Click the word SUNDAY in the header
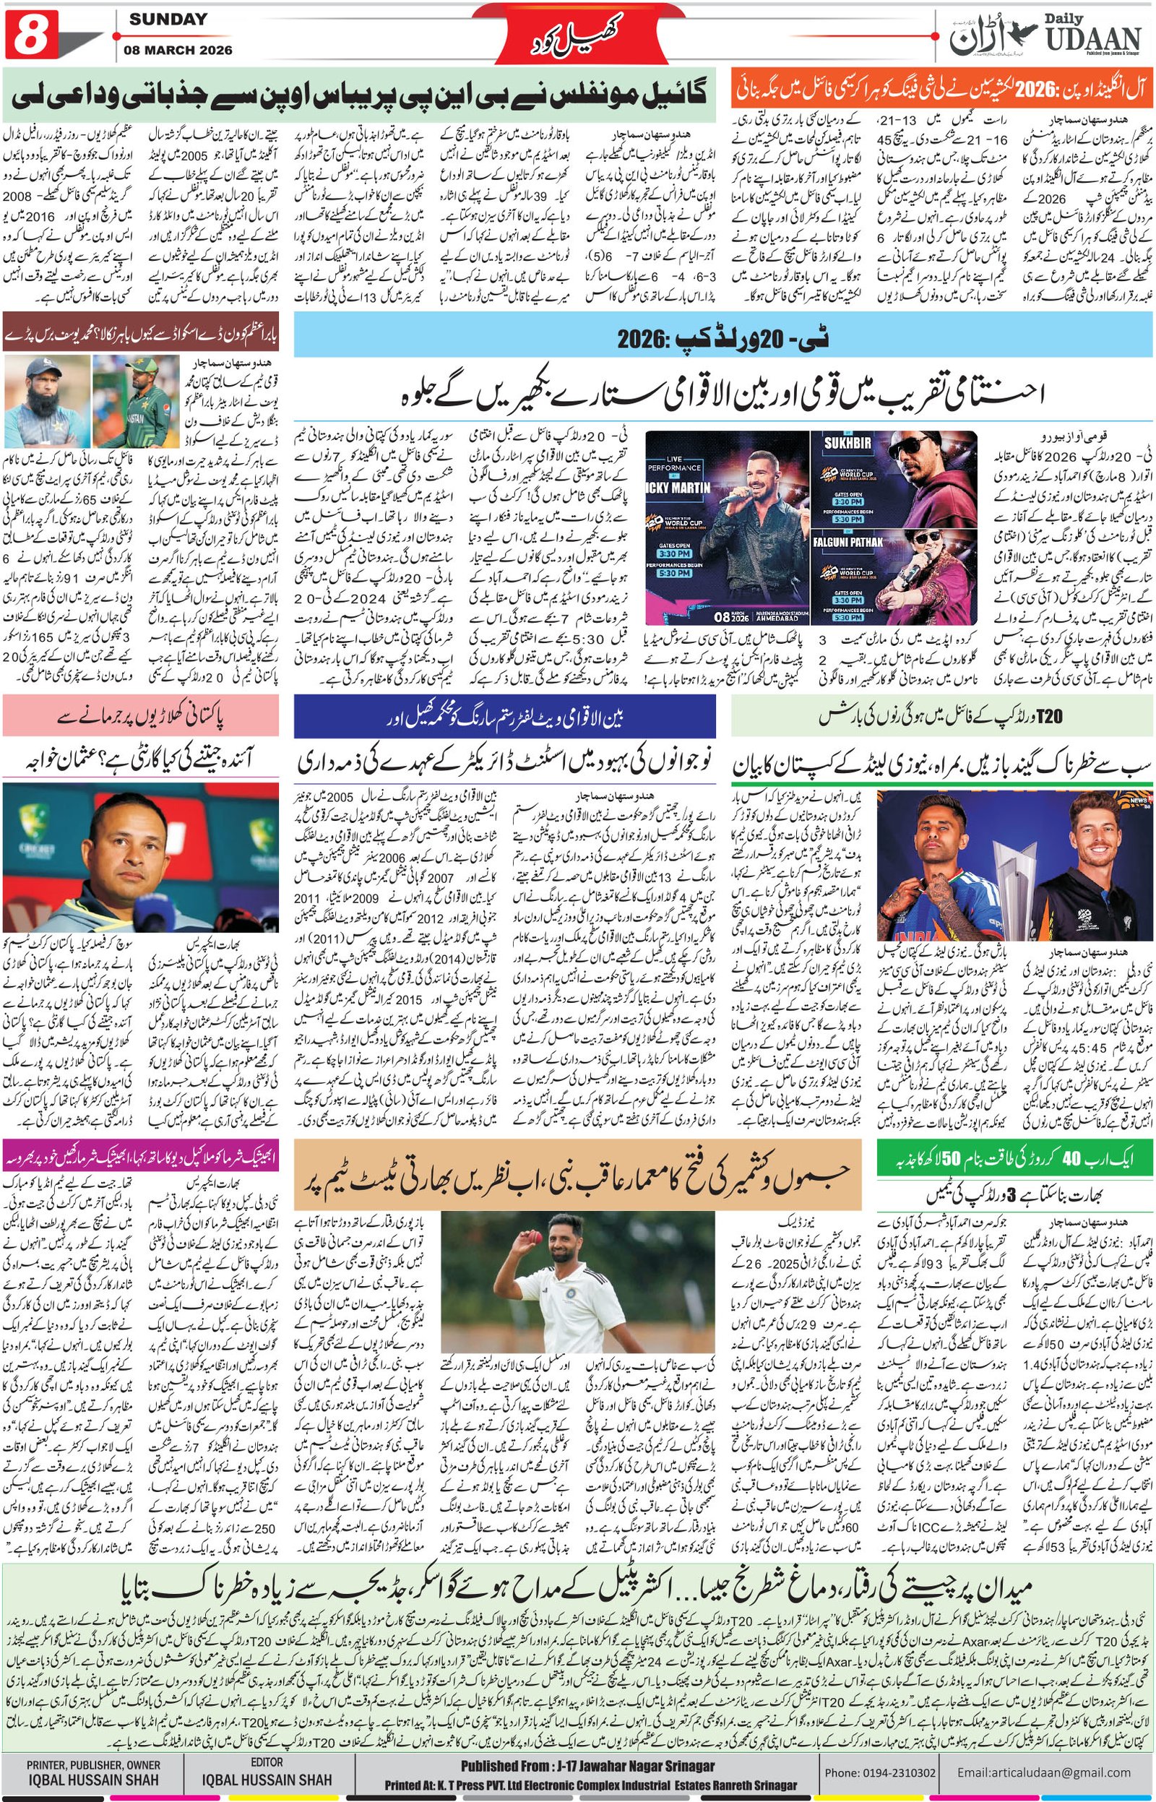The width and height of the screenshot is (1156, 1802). tap(168, 20)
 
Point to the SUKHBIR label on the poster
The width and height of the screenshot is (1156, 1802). tap(847, 443)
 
